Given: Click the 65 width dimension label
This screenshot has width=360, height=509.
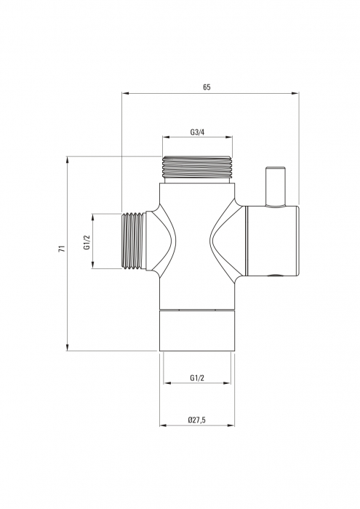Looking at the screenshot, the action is point(207,87).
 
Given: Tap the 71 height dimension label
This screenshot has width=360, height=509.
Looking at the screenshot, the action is point(62,249).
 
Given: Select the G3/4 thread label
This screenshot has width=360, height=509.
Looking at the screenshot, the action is point(197,132).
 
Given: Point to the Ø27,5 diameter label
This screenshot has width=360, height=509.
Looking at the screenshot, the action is point(197,420).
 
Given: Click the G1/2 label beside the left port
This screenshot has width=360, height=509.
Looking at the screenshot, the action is point(87,242).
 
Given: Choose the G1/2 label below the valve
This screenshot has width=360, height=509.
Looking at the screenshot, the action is point(197,378).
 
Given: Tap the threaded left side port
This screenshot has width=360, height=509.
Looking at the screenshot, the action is point(133,241).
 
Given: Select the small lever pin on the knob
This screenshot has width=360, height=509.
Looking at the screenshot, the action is point(276,187).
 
